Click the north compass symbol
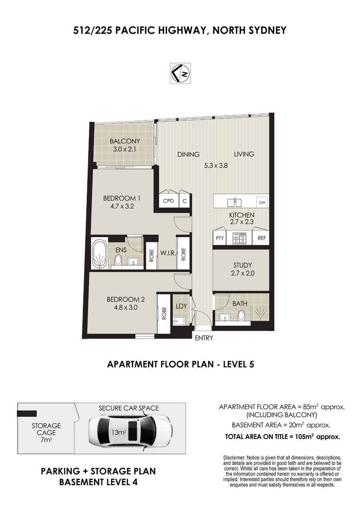coord(180,73)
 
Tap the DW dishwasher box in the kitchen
coord(262,203)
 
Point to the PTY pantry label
coord(220,238)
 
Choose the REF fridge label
coord(261,238)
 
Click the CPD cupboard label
coord(168,201)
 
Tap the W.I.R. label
coord(168,253)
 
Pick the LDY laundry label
coord(181,306)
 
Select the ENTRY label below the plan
coord(204,338)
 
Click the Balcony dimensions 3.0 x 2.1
coord(125,149)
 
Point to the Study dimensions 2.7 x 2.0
coord(243,273)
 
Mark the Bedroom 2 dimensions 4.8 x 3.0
coord(125,307)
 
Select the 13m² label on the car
coord(119,432)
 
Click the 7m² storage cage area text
coord(46,440)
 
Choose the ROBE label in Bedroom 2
coord(164,314)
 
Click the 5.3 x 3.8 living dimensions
coord(216,166)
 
